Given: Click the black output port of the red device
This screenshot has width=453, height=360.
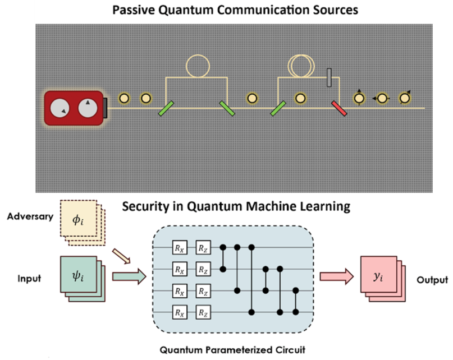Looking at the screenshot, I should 105,107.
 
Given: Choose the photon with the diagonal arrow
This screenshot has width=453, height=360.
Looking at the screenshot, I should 405,98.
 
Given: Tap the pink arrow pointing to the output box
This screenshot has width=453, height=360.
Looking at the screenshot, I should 336,276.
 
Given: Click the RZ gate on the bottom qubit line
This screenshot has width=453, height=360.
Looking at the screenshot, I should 202,311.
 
